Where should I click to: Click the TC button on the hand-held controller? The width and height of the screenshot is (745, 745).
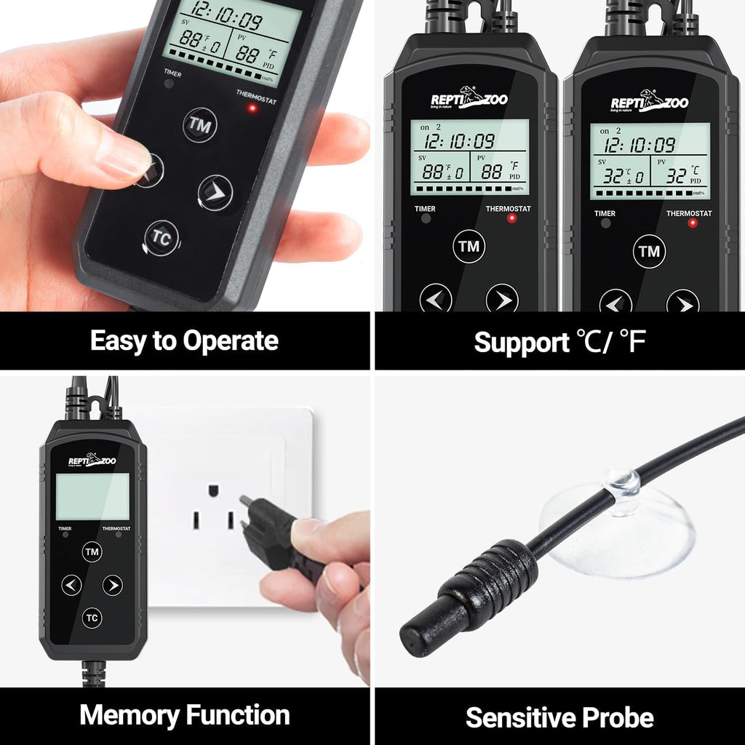(162, 237)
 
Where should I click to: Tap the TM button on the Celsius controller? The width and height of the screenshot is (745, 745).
(649, 252)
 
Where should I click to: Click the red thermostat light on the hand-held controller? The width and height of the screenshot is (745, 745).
(252, 108)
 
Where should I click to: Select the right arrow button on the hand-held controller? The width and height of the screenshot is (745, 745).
(215, 193)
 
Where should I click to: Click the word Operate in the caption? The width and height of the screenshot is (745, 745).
(231, 340)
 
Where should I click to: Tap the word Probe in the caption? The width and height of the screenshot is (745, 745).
(617, 717)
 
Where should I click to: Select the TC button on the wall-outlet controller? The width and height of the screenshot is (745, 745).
(92, 618)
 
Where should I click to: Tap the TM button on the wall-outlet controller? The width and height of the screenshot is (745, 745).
(92, 552)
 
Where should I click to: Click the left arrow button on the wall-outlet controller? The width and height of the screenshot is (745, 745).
(71, 585)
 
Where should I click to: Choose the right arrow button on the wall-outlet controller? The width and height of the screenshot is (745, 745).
(112, 585)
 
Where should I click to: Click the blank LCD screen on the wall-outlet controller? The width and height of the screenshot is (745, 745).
(92, 496)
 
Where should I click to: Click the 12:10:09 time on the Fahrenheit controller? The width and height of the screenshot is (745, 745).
(460, 141)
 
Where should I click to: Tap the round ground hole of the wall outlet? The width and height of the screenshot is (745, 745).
(215, 490)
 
